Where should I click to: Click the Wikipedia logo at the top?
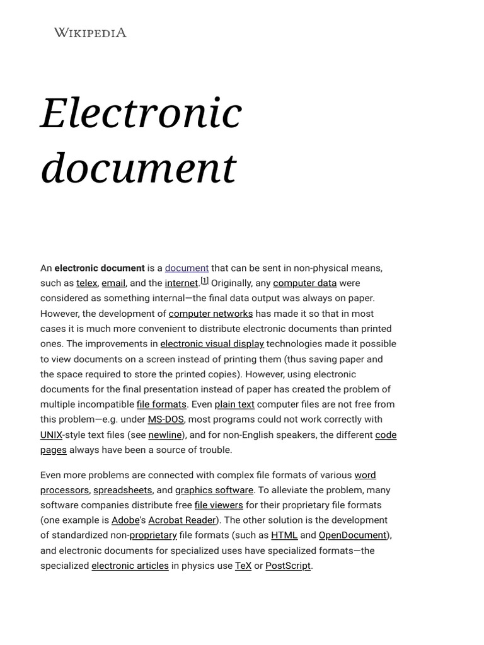(90, 33)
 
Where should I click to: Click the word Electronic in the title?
(141, 113)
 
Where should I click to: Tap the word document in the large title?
(138, 168)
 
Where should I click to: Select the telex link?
(87, 283)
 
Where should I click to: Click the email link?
(113, 283)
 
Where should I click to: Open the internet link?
(181, 283)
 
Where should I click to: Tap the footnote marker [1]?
(205, 281)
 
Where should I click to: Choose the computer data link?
(304, 283)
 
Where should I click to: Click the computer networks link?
(210, 314)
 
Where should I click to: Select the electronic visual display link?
(212, 344)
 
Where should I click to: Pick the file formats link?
(161, 404)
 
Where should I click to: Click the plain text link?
(234, 404)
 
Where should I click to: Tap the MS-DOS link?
(166, 420)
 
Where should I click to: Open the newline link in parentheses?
(165, 435)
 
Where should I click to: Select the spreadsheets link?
(123, 490)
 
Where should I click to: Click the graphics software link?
(214, 490)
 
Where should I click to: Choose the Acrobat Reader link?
(182, 520)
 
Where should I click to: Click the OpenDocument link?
(352, 535)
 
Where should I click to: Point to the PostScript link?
(288, 566)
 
